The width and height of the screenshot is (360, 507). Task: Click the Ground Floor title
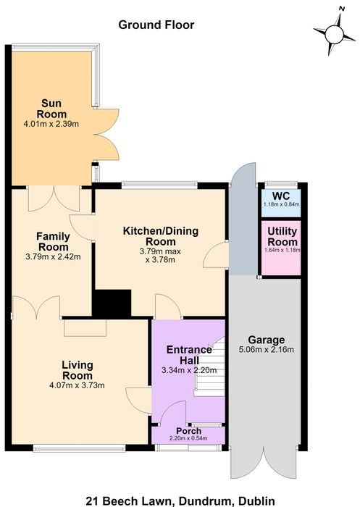click(x=156, y=25)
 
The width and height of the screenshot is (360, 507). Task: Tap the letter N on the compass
click(x=340, y=9)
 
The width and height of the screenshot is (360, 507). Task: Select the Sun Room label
click(x=51, y=109)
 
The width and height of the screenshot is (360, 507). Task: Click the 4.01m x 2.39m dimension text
click(x=51, y=124)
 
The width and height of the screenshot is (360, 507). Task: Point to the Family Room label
click(x=53, y=241)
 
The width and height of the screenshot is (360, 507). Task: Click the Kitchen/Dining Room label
click(x=161, y=236)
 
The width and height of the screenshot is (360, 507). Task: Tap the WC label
click(x=281, y=196)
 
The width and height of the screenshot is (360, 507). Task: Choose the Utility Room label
click(x=282, y=236)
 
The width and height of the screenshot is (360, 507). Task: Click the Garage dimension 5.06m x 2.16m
click(x=267, y=350)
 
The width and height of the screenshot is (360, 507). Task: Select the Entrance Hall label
click(x=189, y=355)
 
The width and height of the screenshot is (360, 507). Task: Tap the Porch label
click(x=188, y=431)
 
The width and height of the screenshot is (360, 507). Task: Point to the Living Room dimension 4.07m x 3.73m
click(x=77, y=385)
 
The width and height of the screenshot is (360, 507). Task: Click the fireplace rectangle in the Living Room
click(x=85, y=328)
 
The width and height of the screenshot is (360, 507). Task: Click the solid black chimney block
click(x=112, y=303)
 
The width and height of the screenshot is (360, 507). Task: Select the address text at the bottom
click(x=180, y=501)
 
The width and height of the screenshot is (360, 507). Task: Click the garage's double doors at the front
click(x=264, y=462)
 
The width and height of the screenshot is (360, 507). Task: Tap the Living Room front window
click(x=79, y=448)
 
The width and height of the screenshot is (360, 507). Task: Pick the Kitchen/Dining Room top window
click(x=159, y=185)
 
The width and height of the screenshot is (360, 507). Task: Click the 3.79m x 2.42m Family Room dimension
click(x=53, y=257)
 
